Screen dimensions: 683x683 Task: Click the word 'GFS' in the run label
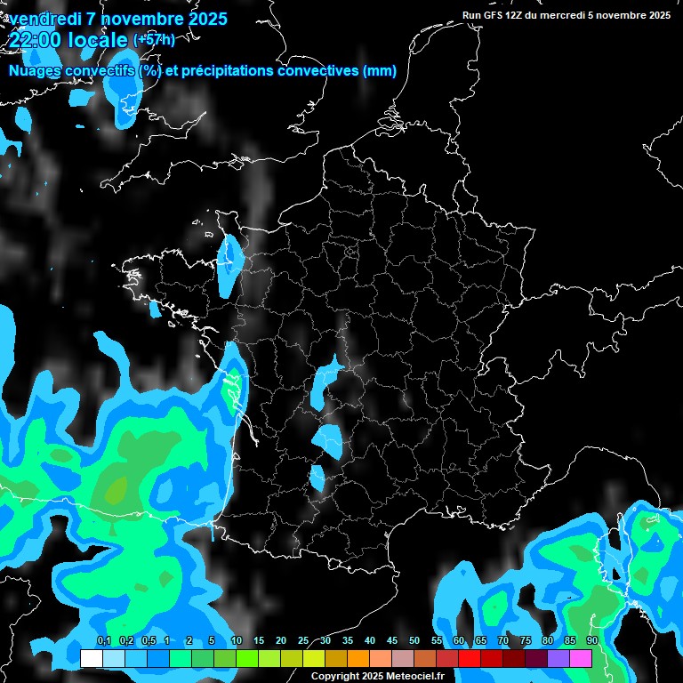click(494, 15)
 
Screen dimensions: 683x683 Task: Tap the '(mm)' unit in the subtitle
click(380, 71)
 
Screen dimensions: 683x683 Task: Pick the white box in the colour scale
click(92, 659)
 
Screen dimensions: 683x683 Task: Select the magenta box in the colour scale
click(581, 659)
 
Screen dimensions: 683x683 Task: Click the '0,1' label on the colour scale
click(103, 641)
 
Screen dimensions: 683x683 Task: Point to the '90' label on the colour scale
click(591, 641)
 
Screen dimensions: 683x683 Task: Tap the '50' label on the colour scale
click(414, 641)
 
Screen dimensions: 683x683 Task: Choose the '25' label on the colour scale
click(303, 641)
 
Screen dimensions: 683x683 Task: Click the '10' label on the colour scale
click(237, 641)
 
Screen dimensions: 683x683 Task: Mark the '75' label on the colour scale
click(526, 641)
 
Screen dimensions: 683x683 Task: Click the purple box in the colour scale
click(558, 659)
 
